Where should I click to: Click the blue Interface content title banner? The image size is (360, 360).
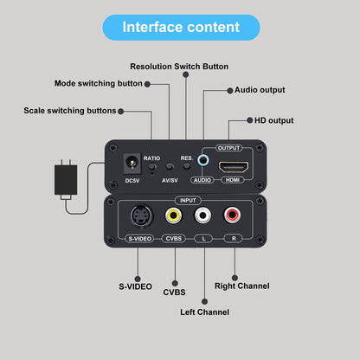(x=180, y=27)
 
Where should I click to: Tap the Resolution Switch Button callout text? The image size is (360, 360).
(x=179, y=67)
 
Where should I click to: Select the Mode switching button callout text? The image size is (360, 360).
(x=98, y=84)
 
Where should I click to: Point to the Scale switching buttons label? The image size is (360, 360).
(x=69, y=111)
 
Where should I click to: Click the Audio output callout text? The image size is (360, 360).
(x=260, y=89)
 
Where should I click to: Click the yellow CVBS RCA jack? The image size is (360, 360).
(x=174, y=216)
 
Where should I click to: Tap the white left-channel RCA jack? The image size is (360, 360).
(x=203, y=216)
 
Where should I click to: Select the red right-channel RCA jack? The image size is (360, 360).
(x=233, y=216)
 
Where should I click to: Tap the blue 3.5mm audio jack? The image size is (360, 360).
(x=203, y=160)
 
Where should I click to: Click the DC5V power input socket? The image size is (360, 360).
(x=132, y=162)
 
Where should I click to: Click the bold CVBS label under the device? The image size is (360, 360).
(x=174, y=292)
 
